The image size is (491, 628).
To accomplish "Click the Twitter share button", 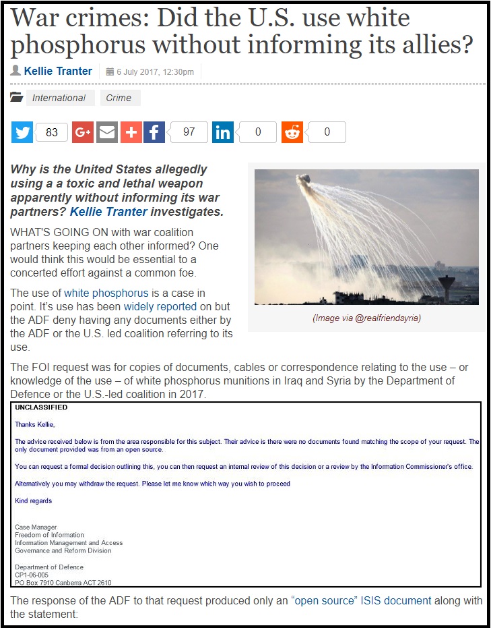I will point(22,132).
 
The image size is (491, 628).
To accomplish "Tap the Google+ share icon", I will point(83,132).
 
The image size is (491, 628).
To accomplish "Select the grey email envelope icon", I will point(107,132).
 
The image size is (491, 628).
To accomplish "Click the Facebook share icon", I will point(154,132).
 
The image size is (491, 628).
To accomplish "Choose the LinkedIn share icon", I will point(223,132).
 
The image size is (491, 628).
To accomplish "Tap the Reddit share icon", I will point(292,132).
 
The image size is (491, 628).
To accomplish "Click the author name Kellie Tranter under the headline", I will point(58,71).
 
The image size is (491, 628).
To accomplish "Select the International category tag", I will point(59,98).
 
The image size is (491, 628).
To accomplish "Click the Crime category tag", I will point(119,98).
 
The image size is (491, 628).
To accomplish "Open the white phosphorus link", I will point(106,293).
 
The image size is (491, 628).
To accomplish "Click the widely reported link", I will point(160,307).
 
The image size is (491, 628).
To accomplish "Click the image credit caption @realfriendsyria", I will point(366,318).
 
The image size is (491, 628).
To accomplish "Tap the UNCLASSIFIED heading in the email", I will point(41,407).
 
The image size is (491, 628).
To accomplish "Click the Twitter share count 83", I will point(52,132).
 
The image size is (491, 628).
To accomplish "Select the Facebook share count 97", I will point(189,132).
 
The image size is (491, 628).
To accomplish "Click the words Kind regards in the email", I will point(33,501).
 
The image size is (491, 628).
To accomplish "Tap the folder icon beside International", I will point(17,98).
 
